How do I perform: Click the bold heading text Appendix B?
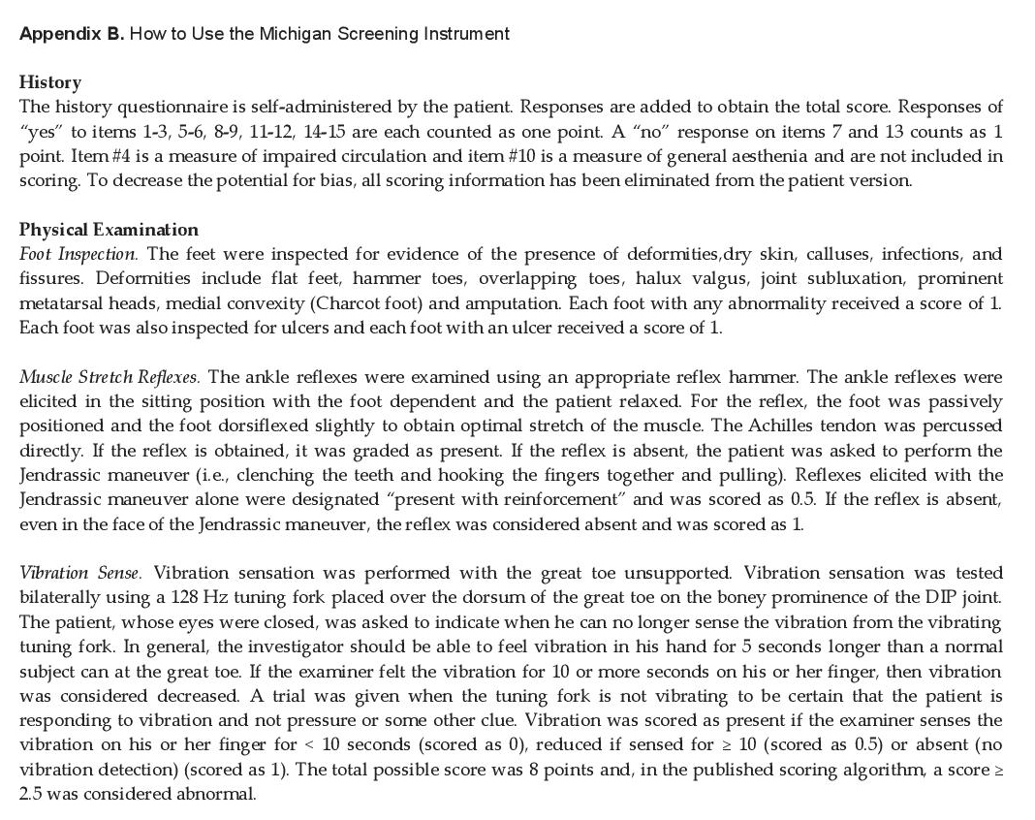70,34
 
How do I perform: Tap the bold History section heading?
50,82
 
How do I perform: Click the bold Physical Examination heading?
109,230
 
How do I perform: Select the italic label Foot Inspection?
78,254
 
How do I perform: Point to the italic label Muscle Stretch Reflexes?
110,376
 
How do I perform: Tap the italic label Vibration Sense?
80,573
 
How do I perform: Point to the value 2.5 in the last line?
32,794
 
